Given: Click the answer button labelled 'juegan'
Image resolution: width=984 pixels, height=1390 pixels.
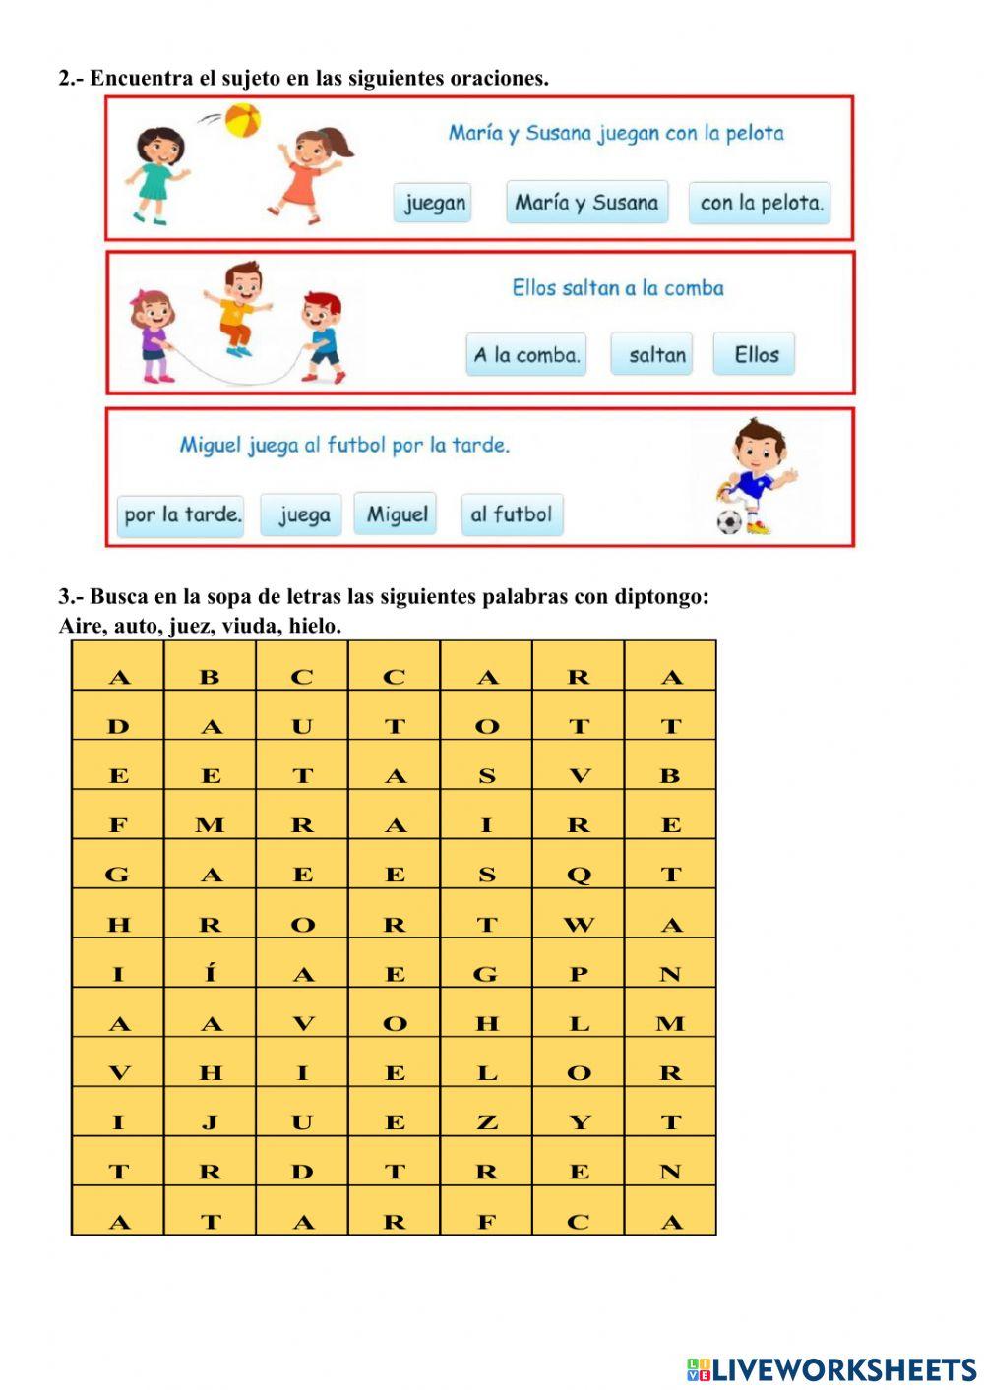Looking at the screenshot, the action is pyautogui.click(x=434, y=203).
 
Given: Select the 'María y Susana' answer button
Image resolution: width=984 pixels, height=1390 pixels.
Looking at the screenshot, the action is pyautogui.click(x=586, y=203).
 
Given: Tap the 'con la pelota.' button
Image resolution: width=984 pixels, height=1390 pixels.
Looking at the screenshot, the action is pyautogui.click(x=760, y=203).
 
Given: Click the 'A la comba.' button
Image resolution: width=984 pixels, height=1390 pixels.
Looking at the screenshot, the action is pyautogui.click(x=526, y=355).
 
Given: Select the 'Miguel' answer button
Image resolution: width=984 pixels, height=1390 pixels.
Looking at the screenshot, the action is pyautogui.click(x=397, y=514).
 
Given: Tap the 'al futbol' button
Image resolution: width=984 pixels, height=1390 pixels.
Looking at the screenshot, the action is pyautogui.click(x=512, y=514).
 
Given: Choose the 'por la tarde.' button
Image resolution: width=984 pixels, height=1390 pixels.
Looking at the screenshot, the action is pyautogui.click(x=182, y=514).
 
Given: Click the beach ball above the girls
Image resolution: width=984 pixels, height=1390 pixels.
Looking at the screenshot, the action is pyautogui.click(x=242, y=121).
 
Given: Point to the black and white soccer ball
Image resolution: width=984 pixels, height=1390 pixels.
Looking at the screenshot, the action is pyautogui.click(x=729, y=521).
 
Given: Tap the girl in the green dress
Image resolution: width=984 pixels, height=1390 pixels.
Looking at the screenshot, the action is pyautogui.click(x=156, y=173).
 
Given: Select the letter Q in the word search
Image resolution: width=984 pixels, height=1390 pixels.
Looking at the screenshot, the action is pyautogui.click(x=579, y=875).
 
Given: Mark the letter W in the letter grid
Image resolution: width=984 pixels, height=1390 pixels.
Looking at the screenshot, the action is pyautogui.click(x=579, y=925).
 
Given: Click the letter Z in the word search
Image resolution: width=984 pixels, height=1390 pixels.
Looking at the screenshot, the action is pyautogui.click(x=486, y=1122).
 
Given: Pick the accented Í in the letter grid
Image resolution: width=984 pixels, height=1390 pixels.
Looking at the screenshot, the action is pyautogui.click(x=211, y=974).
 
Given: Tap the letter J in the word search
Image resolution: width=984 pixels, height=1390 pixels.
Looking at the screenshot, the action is pyautogui.click(x=211, y=1122).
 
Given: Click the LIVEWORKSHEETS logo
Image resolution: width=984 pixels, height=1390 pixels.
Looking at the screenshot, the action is pyautogui.click(x=831, y=1368).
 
